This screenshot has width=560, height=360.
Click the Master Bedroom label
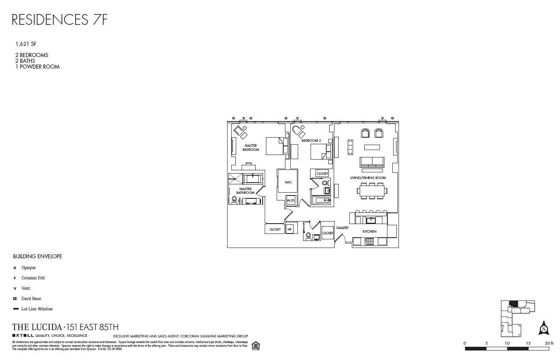point(250,148)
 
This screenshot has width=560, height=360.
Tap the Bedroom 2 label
point(311,141)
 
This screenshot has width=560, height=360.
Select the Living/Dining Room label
point(368,178)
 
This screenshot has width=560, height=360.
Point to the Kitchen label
point(369,231)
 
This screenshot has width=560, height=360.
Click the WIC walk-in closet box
point(288,182)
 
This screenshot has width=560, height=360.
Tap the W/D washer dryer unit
point(291,200)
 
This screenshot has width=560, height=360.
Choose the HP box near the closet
point(289,229)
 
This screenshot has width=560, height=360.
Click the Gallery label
point(342,228)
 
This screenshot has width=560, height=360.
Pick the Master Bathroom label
point(245,191)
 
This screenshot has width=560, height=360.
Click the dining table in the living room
point(372,191)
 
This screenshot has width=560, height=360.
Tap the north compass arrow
point(544,328)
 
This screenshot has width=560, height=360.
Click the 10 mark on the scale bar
point(507,343)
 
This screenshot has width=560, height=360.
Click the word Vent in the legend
point(26,288)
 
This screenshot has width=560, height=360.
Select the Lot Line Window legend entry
point(37,309)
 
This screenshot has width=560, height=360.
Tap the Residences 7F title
point(60,19)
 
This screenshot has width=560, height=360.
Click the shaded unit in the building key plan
point(513,304)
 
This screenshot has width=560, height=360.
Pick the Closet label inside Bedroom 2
point(322,174)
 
